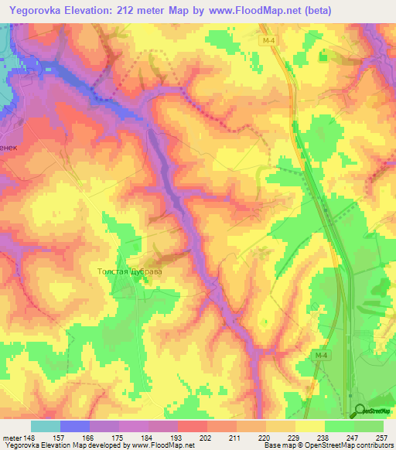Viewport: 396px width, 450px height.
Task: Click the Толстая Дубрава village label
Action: (130, 272)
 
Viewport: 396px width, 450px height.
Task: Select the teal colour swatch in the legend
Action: (46, 425)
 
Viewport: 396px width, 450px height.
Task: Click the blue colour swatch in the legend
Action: (75, 425)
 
